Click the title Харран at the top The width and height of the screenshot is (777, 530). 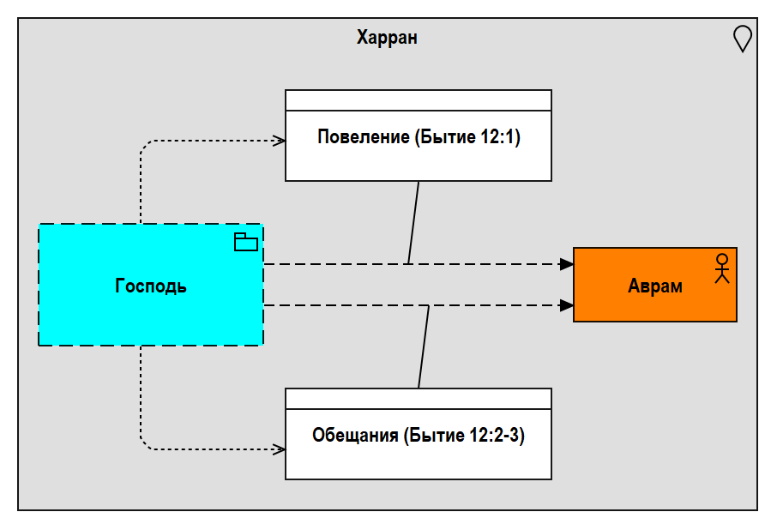[387, 38]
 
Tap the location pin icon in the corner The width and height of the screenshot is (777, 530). [743, 39]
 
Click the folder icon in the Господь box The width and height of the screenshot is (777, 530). [246, 243]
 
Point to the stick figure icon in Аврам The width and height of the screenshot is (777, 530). [722, 268]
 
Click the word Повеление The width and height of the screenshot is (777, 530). [364, 137]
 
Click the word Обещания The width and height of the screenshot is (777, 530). [355, 436]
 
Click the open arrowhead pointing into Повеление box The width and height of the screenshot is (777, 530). [279, 141]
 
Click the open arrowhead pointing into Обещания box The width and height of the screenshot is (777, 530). [279, 449]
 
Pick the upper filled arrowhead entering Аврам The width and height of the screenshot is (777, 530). [566, 264]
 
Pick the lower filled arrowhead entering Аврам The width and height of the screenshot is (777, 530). [566, 305]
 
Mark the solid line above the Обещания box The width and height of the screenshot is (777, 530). [424, 347]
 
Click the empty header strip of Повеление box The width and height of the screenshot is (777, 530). [418, 100]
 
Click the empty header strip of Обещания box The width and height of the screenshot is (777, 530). [418, 399]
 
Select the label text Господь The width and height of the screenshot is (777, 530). [151, 286]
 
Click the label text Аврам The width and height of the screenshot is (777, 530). [655, 286]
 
